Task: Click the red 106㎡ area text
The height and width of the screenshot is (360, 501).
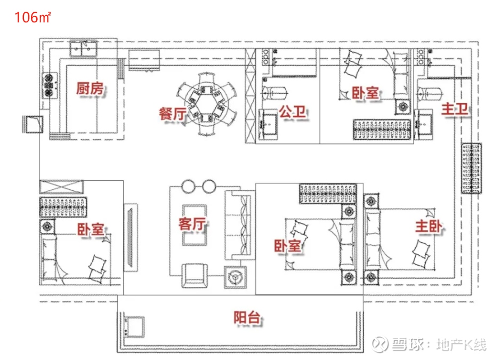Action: (33, 17)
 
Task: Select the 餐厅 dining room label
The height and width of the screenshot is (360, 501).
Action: (173, 114)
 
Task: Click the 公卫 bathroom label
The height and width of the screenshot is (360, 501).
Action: (293, 112)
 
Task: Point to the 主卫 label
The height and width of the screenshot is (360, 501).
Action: (455, 109)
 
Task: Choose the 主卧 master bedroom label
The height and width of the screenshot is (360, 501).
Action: (429, 226)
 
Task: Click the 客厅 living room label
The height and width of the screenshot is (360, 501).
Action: (192, 224)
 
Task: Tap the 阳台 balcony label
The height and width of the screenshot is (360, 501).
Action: (247, 317)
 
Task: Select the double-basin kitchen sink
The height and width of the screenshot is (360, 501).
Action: (83, 49)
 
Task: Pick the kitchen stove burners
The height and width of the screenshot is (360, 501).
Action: (49, 85)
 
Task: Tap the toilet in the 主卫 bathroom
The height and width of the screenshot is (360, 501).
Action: (430, 93)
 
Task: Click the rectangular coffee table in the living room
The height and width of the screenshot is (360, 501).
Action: (194, 225)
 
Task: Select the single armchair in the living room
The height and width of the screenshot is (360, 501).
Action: (194, 275)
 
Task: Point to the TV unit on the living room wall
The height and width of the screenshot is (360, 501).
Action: (131, 237)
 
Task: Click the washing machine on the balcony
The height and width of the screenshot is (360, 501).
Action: (134, 326)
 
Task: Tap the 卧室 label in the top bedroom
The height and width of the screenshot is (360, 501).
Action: (365, 93)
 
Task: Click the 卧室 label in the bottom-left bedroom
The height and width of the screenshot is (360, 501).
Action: (91, 229)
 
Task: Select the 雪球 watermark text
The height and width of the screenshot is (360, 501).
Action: (405, 344)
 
